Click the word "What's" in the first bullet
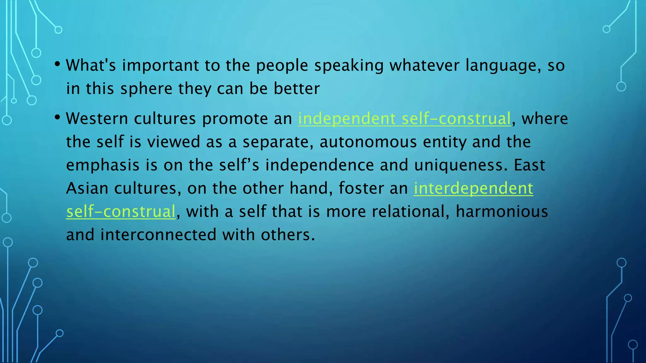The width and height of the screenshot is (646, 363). tap(91, 65)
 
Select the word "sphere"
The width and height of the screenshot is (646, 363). tap(146, 89)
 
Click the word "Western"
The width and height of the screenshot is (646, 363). tap(97, 119)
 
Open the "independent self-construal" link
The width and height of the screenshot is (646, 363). tap(404, 119)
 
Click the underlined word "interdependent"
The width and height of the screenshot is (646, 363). tap(473, 188)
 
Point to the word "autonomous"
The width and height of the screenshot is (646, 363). tap(368, 142)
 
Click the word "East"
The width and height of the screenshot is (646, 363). tap(529, 165)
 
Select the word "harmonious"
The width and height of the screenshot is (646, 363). tap(502, 211)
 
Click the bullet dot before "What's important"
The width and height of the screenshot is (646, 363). tap(57, 64)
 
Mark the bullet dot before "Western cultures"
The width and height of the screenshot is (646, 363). tap(57, 118)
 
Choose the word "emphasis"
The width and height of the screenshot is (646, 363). tap(103, 165)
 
